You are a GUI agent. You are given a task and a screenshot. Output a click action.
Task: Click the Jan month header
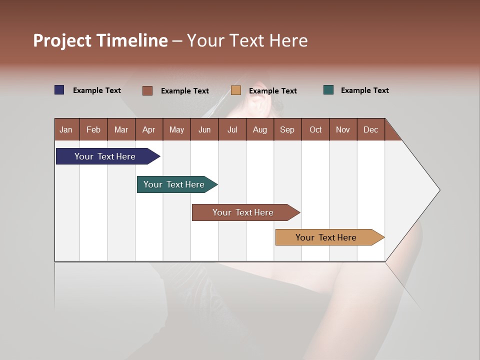[66, 129]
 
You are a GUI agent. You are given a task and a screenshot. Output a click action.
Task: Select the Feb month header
[93, 129]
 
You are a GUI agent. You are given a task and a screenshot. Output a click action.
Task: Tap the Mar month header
[121, 129]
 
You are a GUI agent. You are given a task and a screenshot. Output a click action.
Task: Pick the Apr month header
[149, 129]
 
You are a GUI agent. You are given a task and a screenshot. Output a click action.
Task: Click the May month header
[176, 129]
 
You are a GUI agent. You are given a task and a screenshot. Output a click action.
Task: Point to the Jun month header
[204, 129]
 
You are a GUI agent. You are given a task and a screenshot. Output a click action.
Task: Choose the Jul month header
[232, 129]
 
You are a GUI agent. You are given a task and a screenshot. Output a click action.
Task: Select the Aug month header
[260, 129]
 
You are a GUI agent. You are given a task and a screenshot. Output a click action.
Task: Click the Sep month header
[287, 129]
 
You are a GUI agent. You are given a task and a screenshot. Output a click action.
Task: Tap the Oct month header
[315, 129]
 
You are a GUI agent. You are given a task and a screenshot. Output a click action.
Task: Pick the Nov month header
[343, 129]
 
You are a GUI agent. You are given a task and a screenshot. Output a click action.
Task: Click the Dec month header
[371, 129]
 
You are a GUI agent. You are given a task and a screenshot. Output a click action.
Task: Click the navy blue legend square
[59, 90]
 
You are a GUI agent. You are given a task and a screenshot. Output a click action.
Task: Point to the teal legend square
[328, 90]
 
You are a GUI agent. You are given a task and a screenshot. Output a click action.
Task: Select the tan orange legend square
[236, 90]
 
